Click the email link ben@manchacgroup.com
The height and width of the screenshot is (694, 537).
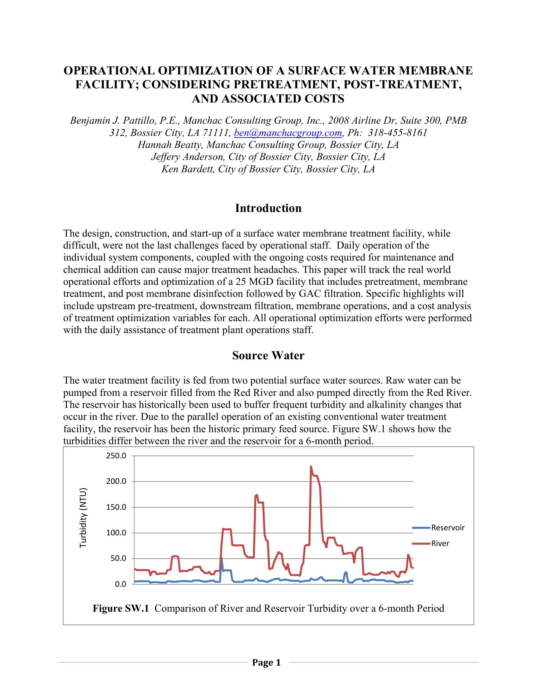click(288, 133)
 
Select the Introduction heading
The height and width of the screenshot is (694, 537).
click(268, 209)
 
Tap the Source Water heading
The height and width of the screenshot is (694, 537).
click(268, 356)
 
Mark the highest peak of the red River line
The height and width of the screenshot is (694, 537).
click(311, 467)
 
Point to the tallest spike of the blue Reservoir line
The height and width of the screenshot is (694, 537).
click(221, 558)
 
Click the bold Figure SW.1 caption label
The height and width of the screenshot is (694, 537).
click(121, 609)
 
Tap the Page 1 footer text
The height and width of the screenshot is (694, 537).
click(267, 663)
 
